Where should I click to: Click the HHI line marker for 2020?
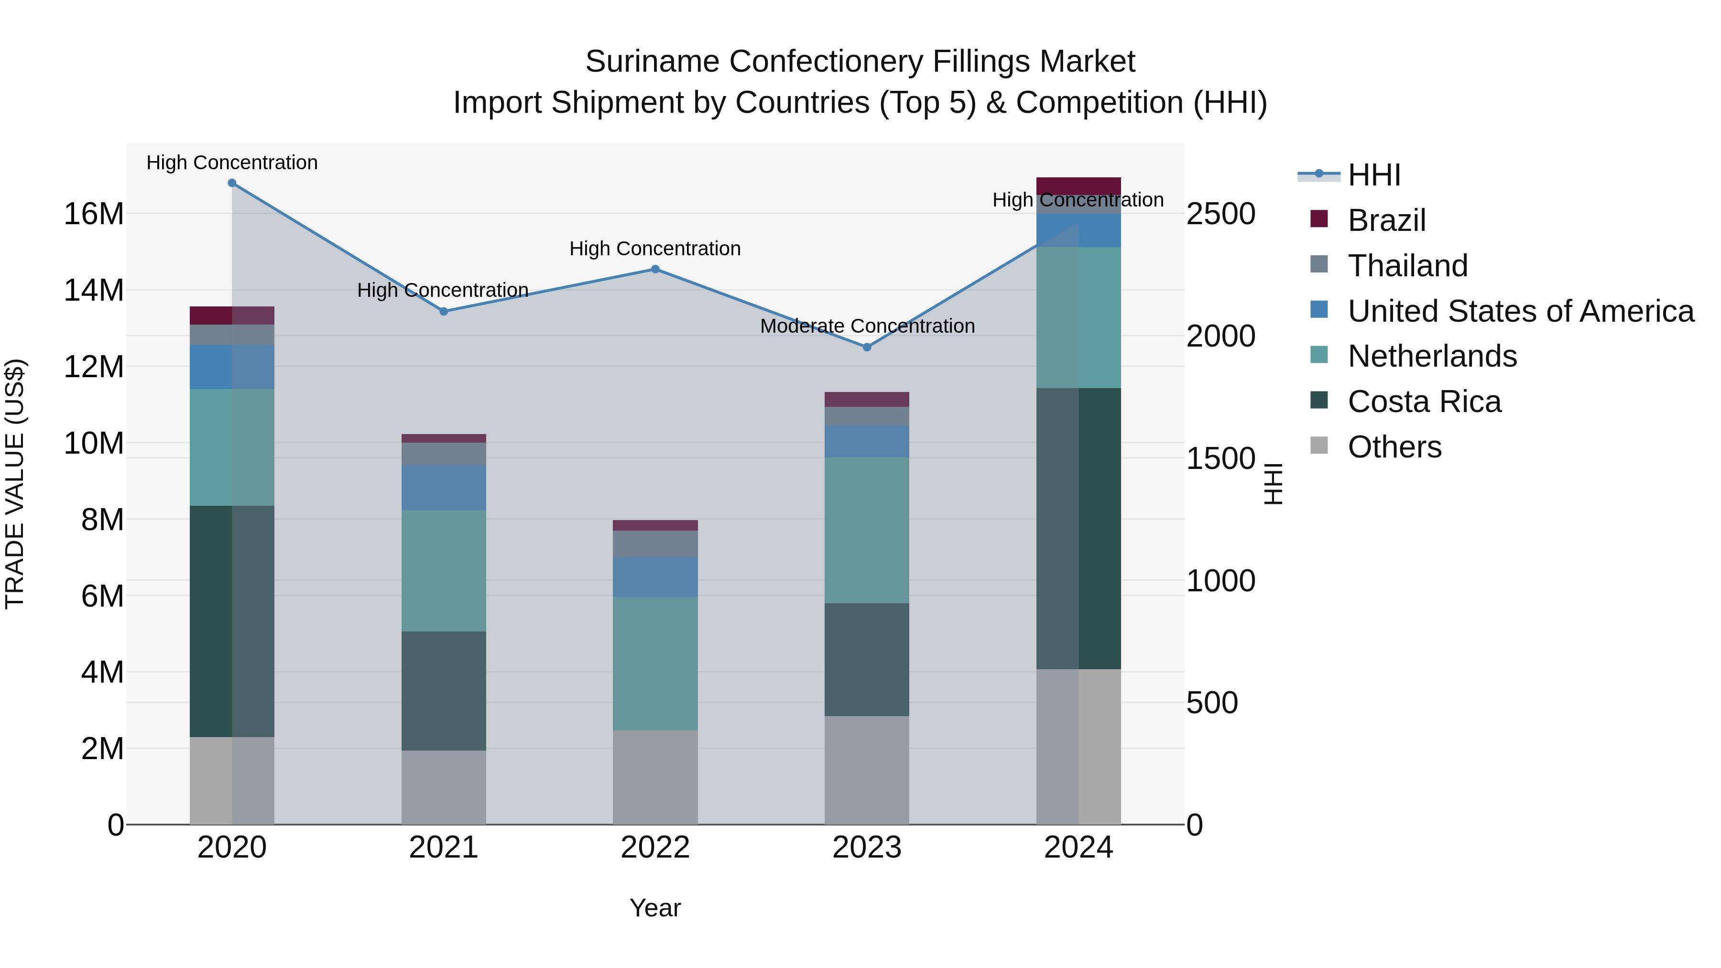(232, 183)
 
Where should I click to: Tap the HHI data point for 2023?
(867, 348)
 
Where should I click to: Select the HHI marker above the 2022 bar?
(655, 269)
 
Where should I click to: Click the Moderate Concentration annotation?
(867, 326)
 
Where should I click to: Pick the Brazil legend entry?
(1386, 220)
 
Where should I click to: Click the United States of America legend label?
(1521, 311)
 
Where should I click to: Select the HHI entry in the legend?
(1373, 175)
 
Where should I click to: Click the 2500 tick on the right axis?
(1220, 215)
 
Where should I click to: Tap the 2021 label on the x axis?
(443, 848)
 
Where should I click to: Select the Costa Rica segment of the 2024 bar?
(1078, 528)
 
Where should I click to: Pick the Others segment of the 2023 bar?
(867, 770)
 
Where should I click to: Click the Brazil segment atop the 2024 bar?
(1078, 186)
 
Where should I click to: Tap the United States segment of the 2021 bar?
(443, 488)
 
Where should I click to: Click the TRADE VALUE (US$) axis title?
(15, 484)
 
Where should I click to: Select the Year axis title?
(655, 908)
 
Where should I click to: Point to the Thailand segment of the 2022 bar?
(655, 544)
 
